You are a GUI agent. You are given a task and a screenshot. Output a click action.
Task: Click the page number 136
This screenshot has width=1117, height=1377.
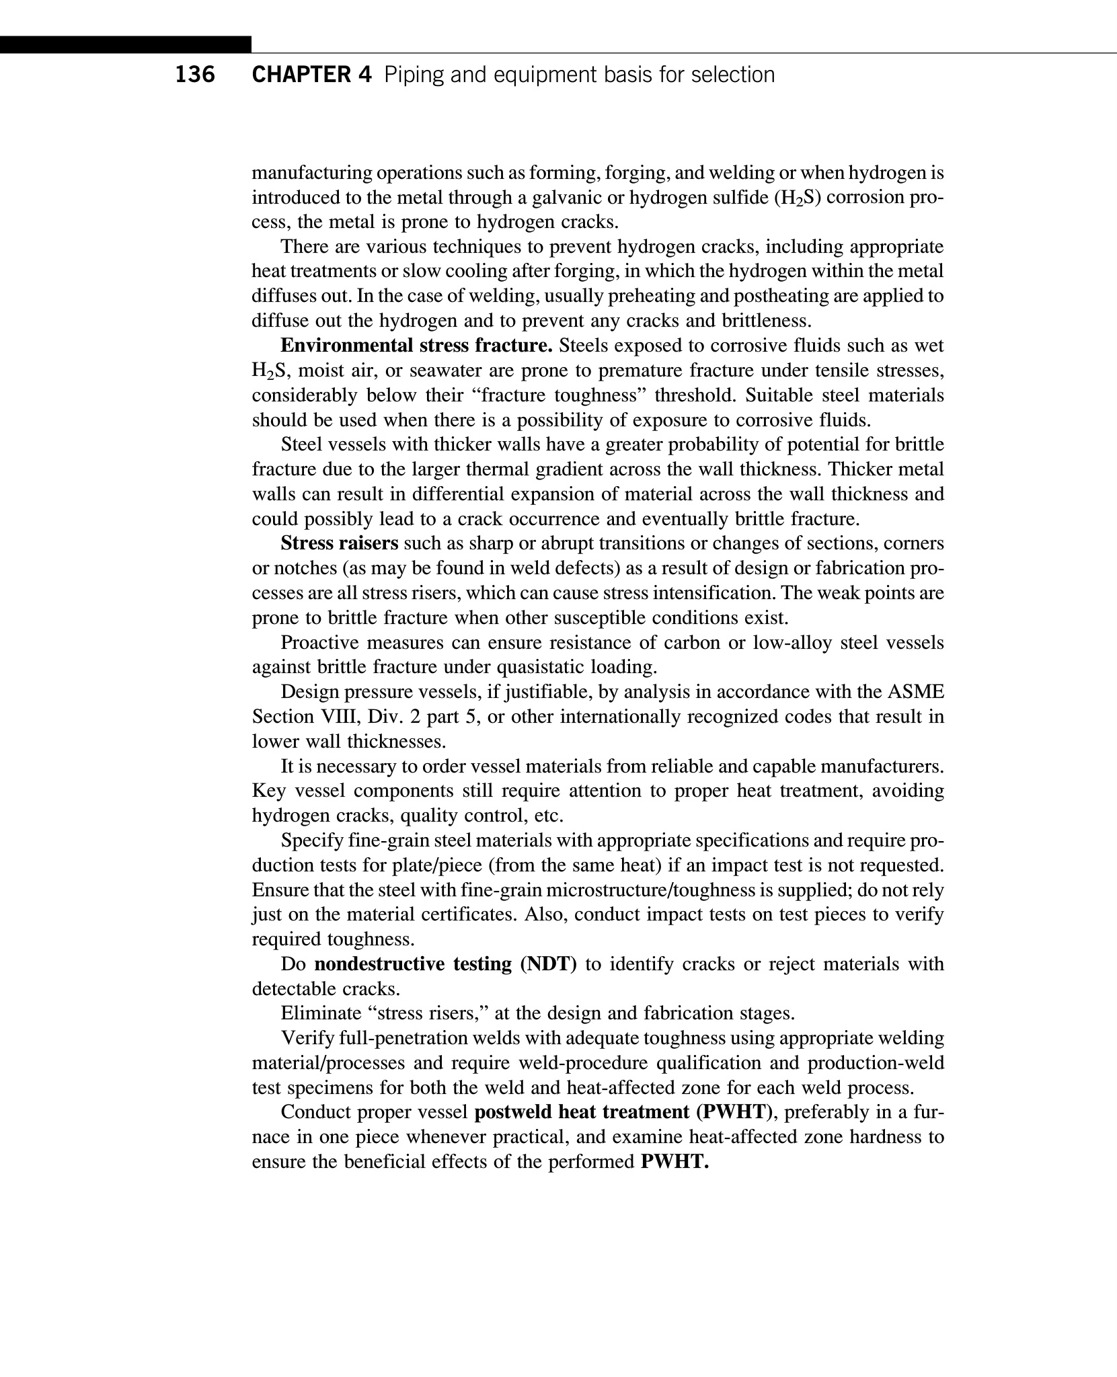[x=195, y=75]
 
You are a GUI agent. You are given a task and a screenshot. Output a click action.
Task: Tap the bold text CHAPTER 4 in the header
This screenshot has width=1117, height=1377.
[x=311, y=75]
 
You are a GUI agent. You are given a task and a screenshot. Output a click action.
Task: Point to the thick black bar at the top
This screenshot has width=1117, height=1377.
[x=126, y=44]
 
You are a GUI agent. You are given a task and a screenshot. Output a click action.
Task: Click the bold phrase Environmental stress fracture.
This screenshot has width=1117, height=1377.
[x=416, y=346]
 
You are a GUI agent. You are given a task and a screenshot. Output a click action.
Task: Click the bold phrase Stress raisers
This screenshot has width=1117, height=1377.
[x=340, y=543]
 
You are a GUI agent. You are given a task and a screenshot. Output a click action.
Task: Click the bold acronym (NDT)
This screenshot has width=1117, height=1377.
[x=548, y=964]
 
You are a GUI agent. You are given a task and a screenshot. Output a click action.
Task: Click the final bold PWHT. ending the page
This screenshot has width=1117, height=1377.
[x=675, y=1162]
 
